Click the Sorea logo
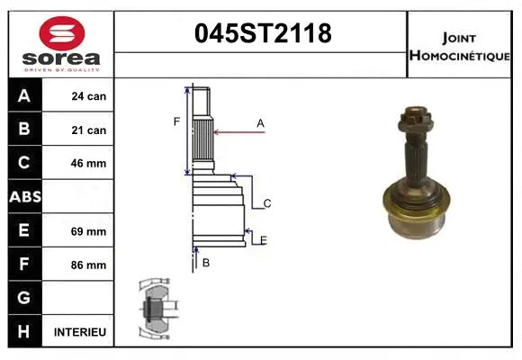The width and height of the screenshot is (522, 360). (61, 44)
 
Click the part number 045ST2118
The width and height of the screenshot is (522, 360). (263, 34)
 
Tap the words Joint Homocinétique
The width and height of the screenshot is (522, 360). (461, 46)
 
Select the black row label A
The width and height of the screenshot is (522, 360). (24, 96)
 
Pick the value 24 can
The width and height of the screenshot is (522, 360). (88, 96)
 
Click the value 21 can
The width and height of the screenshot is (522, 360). (88, 130)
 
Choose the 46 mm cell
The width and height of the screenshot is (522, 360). (88, 164)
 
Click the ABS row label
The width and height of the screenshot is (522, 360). (24, 197)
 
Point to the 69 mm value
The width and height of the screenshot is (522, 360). (88, 231)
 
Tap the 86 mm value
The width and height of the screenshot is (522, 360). (88, 265)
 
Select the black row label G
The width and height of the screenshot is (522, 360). (24, 298)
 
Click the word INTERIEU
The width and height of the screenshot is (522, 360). (80, 332)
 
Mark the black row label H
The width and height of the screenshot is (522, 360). (24, 332)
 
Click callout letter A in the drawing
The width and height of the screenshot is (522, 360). (260, 122)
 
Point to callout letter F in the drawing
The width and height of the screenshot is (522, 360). (177, 121)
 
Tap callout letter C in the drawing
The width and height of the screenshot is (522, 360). (267, 204)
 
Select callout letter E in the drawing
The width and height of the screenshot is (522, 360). (263, 238)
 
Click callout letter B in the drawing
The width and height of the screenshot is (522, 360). (206, 263)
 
